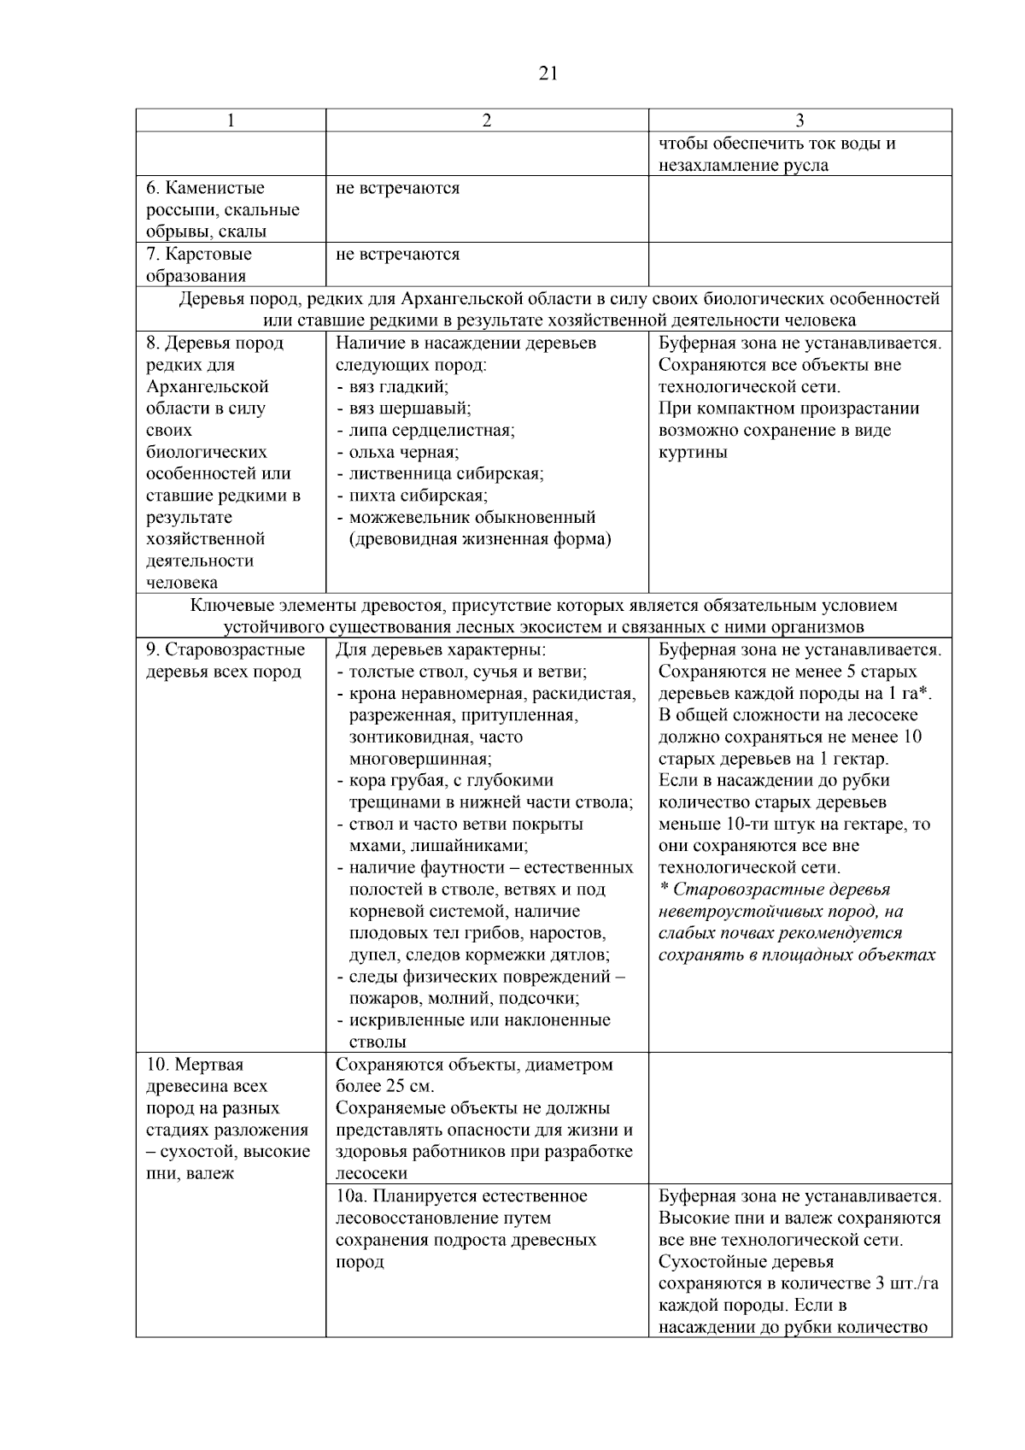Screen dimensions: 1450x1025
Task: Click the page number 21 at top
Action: point(548,73)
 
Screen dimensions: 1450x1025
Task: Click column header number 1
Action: point(231,121)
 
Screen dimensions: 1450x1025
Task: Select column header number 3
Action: point(799,121)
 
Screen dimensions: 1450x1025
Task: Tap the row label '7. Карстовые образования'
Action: point(198,265)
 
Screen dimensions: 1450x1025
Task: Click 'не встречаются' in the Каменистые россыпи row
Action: point(397,188)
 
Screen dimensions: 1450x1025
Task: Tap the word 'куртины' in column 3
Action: point(693,452)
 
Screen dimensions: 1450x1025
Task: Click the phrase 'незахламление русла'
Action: point(743,166)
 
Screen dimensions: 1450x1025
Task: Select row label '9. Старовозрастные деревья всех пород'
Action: point(225,660)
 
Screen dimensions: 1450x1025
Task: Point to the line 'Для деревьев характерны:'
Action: point(434,649)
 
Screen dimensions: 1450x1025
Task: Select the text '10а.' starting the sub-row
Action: point(351,1195)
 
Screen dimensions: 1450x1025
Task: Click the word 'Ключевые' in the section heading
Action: point(224,605)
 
